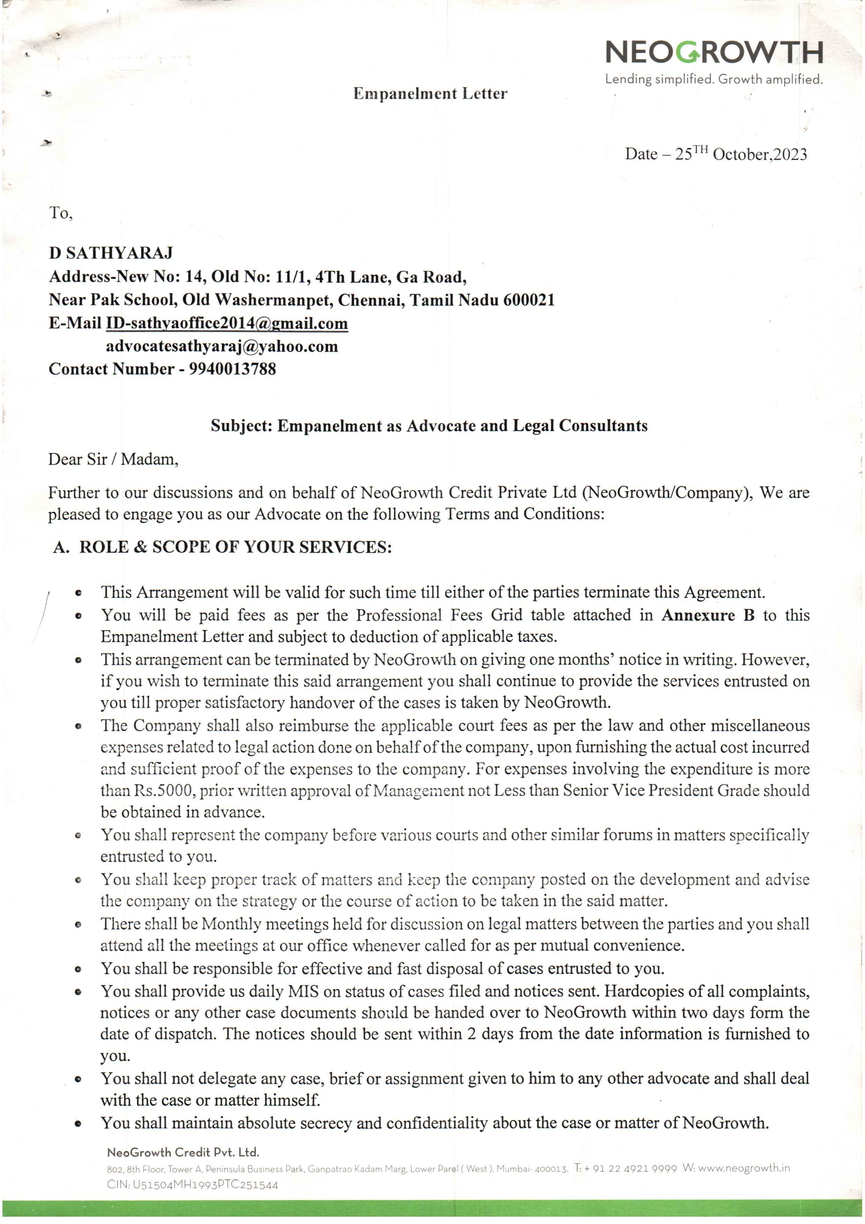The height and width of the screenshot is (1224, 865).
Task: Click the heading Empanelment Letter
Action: (430, 94)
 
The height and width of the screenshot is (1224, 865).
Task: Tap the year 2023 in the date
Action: (790, 155)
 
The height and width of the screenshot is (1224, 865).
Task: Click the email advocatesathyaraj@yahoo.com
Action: (222, 346)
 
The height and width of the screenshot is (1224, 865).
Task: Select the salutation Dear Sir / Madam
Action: (113, 459)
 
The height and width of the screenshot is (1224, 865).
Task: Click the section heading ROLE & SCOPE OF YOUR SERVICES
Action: (235, 547)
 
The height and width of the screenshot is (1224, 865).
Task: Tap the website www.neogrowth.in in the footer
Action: (744, 1168)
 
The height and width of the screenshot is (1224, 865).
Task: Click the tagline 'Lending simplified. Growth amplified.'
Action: (714, 80)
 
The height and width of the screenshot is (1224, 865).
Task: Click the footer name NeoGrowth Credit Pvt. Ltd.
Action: (183, 1152)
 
